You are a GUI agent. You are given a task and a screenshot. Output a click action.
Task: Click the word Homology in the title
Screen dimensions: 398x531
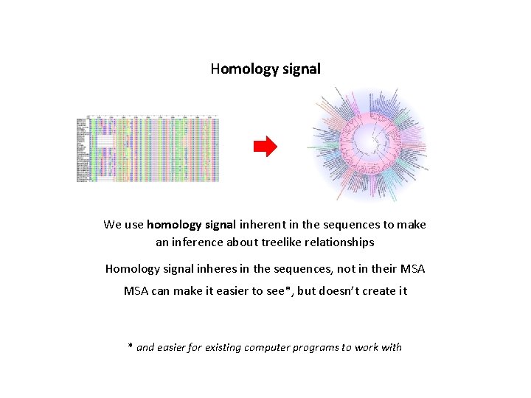[237, 69]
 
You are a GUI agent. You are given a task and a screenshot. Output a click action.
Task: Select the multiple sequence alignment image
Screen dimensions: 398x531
[148, 148]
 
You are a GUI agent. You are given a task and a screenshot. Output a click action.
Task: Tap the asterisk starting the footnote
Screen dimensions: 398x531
[131, 346]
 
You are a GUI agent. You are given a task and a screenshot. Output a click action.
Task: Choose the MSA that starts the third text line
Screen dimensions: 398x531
[136, 291]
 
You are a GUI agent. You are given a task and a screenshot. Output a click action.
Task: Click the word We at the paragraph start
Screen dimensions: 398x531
[112, 225]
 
